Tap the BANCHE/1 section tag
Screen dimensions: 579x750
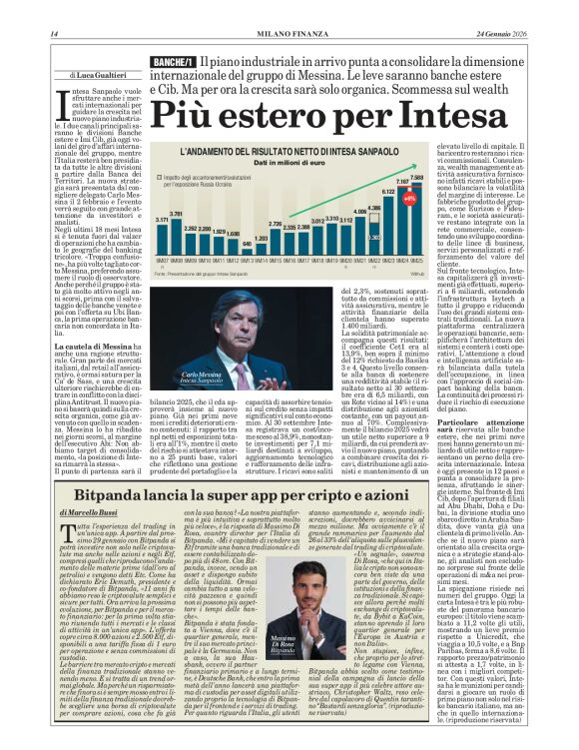coord(173,64)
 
